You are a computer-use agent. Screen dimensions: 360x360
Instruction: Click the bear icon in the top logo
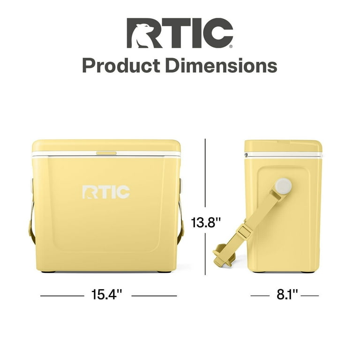pos(141,33)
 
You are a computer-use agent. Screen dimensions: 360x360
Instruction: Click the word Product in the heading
pos(120,65)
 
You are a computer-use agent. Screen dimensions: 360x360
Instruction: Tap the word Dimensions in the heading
pos(220,65)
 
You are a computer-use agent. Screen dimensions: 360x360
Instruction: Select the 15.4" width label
pos(107,295)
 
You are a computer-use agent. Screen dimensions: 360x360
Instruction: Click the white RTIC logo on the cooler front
pos(106,192)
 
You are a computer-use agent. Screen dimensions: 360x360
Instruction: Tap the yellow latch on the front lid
pos(106,153)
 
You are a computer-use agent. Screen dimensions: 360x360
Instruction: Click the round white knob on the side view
pos(283,186)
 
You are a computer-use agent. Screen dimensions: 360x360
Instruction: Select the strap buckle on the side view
pos(243,231)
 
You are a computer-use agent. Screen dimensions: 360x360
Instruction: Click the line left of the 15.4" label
pos(61,296)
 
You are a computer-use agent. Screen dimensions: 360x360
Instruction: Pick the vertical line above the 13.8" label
pos(205,173)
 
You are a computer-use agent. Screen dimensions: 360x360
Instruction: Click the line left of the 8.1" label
pos(260,296)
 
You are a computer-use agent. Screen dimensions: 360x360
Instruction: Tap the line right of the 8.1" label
pos(309,296)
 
